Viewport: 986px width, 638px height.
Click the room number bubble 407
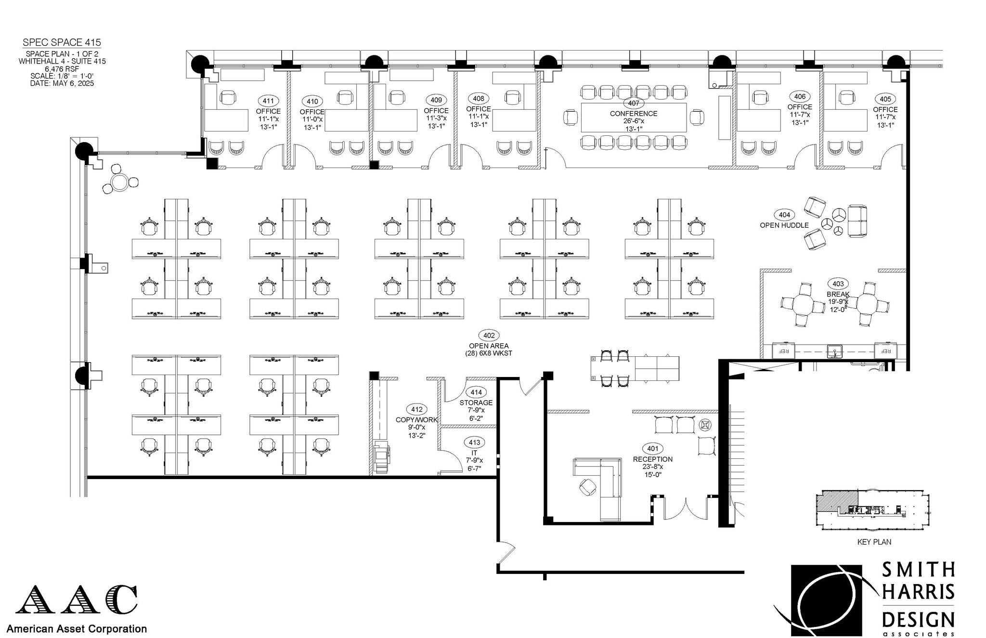(633, 103)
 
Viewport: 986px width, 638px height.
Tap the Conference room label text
(633, 114)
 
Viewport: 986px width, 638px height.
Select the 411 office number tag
(268, 101)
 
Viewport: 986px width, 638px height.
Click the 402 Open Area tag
(488, 336)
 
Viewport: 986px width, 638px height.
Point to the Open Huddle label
(784, 225)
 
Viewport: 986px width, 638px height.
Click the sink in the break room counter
(834, 350)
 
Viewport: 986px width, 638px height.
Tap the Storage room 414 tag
(476, 392)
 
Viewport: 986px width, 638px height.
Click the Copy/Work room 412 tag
(416, 409)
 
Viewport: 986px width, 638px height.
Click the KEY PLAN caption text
(874, 542)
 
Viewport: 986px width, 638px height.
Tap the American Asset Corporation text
(77, 628)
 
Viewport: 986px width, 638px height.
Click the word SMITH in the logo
(918, 570)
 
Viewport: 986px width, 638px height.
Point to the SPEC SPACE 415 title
(62, 43)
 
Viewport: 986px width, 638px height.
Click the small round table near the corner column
(119, 182)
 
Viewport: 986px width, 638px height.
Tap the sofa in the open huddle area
(857, 221)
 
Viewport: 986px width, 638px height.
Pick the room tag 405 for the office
(885, 99)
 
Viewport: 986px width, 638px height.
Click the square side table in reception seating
(705, 425)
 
